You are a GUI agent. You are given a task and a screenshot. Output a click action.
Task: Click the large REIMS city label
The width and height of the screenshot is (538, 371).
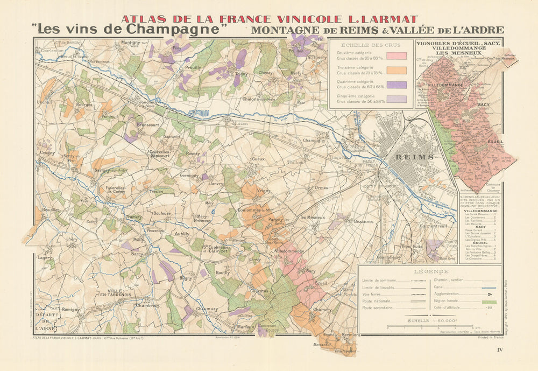pos(407,157)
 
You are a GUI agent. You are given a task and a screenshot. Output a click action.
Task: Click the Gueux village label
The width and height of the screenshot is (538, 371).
pos(258,159)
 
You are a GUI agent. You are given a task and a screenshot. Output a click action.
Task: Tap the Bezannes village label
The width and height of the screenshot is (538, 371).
pos(364,221)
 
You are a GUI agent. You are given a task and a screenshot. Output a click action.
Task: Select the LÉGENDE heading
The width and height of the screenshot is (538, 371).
pos(429,272)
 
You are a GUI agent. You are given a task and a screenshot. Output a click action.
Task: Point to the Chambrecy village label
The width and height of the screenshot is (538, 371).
pos(147,305)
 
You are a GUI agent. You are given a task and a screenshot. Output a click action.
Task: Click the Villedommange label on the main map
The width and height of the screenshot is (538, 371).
pos(289,251)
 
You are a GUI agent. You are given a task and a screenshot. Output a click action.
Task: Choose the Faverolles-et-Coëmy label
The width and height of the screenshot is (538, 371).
pos(115,190)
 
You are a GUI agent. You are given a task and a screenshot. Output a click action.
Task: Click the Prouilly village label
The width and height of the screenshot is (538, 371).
pos(193,68)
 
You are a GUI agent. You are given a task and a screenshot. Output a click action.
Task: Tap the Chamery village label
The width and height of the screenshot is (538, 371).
pos(322,310)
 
